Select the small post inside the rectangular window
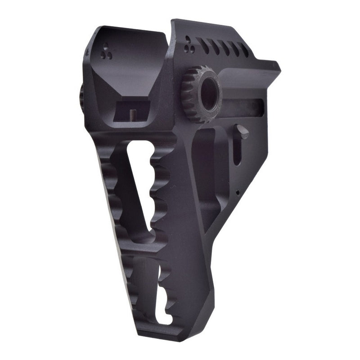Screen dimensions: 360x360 pos(133,115)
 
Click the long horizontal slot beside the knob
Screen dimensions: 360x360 pos(245,107)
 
